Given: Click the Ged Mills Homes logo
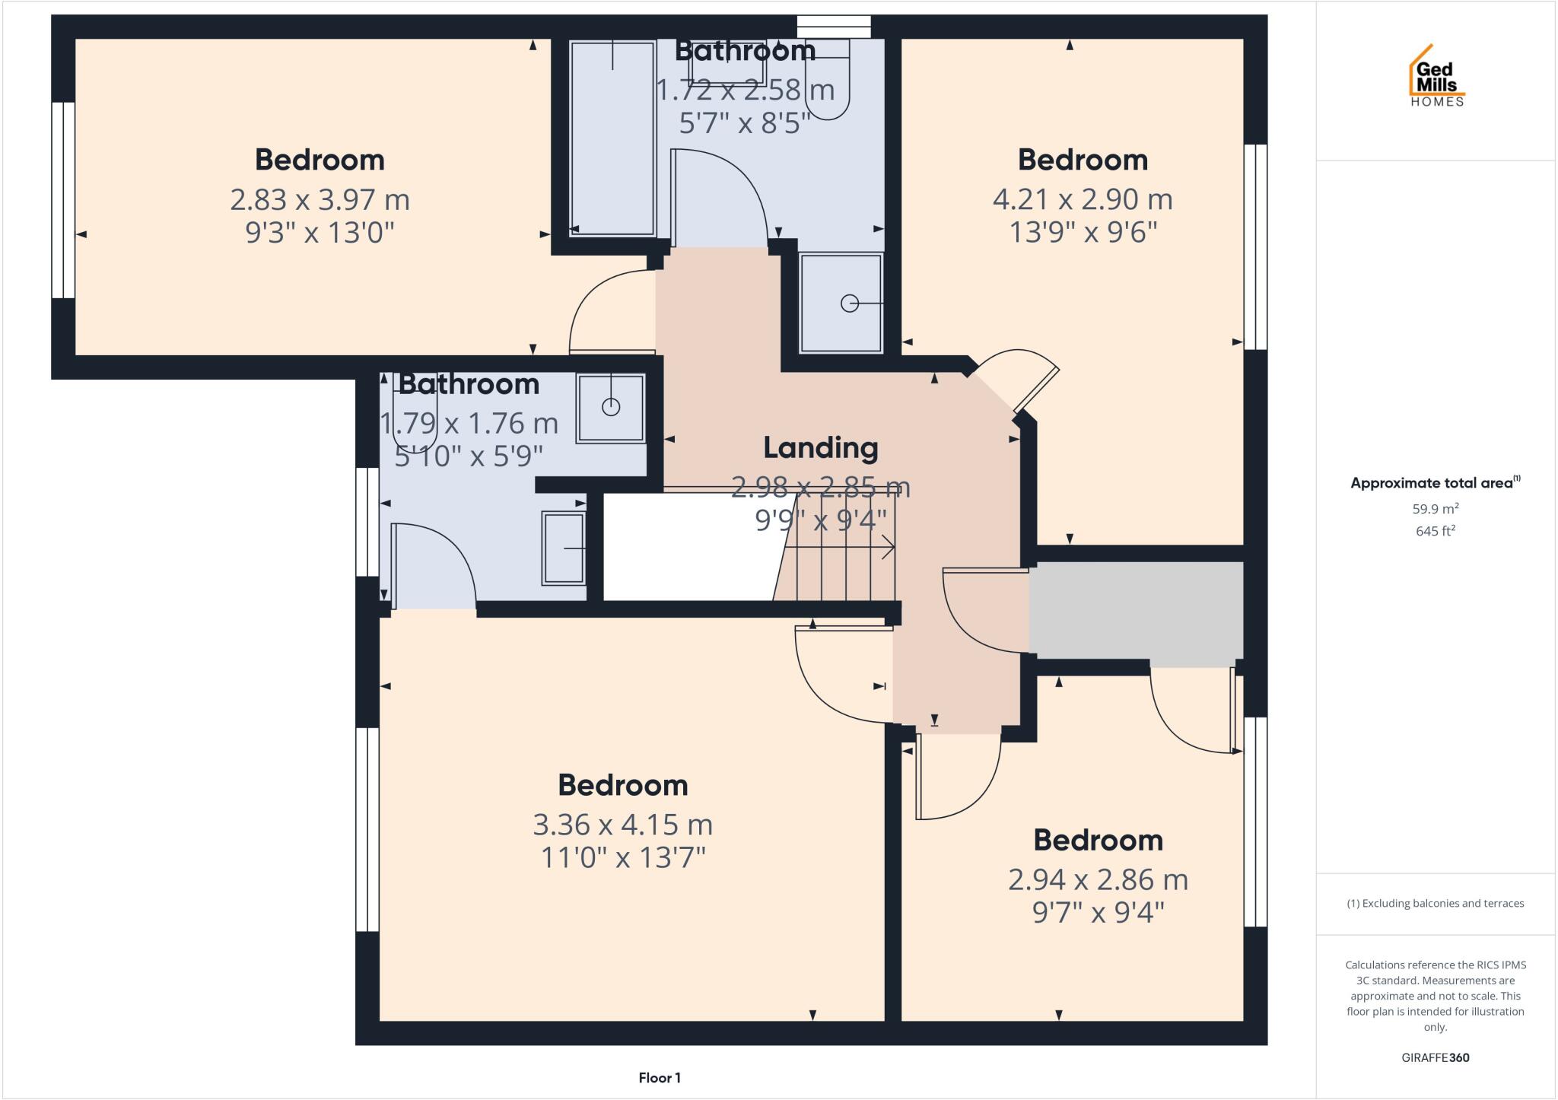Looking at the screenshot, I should pyautogui.click(x=1436, y=77).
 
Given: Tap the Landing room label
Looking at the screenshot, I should pyautogui.click(x=820, y=448).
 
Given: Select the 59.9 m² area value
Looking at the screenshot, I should pyautogui.click(x=1435, y=509).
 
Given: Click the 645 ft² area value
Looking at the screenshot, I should pyautogui.click(x=1435, y=531).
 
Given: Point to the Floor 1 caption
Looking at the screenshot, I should pyautogui.click(x=660, y=1078).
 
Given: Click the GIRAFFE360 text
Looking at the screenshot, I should pyautogui.click(x=1435, y=1057).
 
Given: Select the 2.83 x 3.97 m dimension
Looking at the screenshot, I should pyautogui.click(x=320, y=200).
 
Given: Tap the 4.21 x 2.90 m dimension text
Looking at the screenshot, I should pyautogui.click(x=1082, y=200).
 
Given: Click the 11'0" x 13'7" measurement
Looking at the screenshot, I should pyautogui.click(x=622, y=858).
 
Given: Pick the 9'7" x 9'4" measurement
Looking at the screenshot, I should pyautogui.click(x=1098, y=912).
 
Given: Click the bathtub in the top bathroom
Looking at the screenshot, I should pyautogui.click(x=612, y=137).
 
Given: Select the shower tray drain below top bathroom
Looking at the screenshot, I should pyautogui.click(x=849, y=304).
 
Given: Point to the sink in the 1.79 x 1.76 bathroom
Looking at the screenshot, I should pyautogui.click(x=564, y=548).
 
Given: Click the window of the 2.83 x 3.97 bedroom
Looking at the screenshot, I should pyautogui.click(x=63, y=199).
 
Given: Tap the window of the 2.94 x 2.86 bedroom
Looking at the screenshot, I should pyautogui.click(x=1255, y=822).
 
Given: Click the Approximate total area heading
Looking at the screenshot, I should pyautogui.click(x=1435, y=483).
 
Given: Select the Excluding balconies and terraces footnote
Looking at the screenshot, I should pyautogui.click(x=1435, y=904).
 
